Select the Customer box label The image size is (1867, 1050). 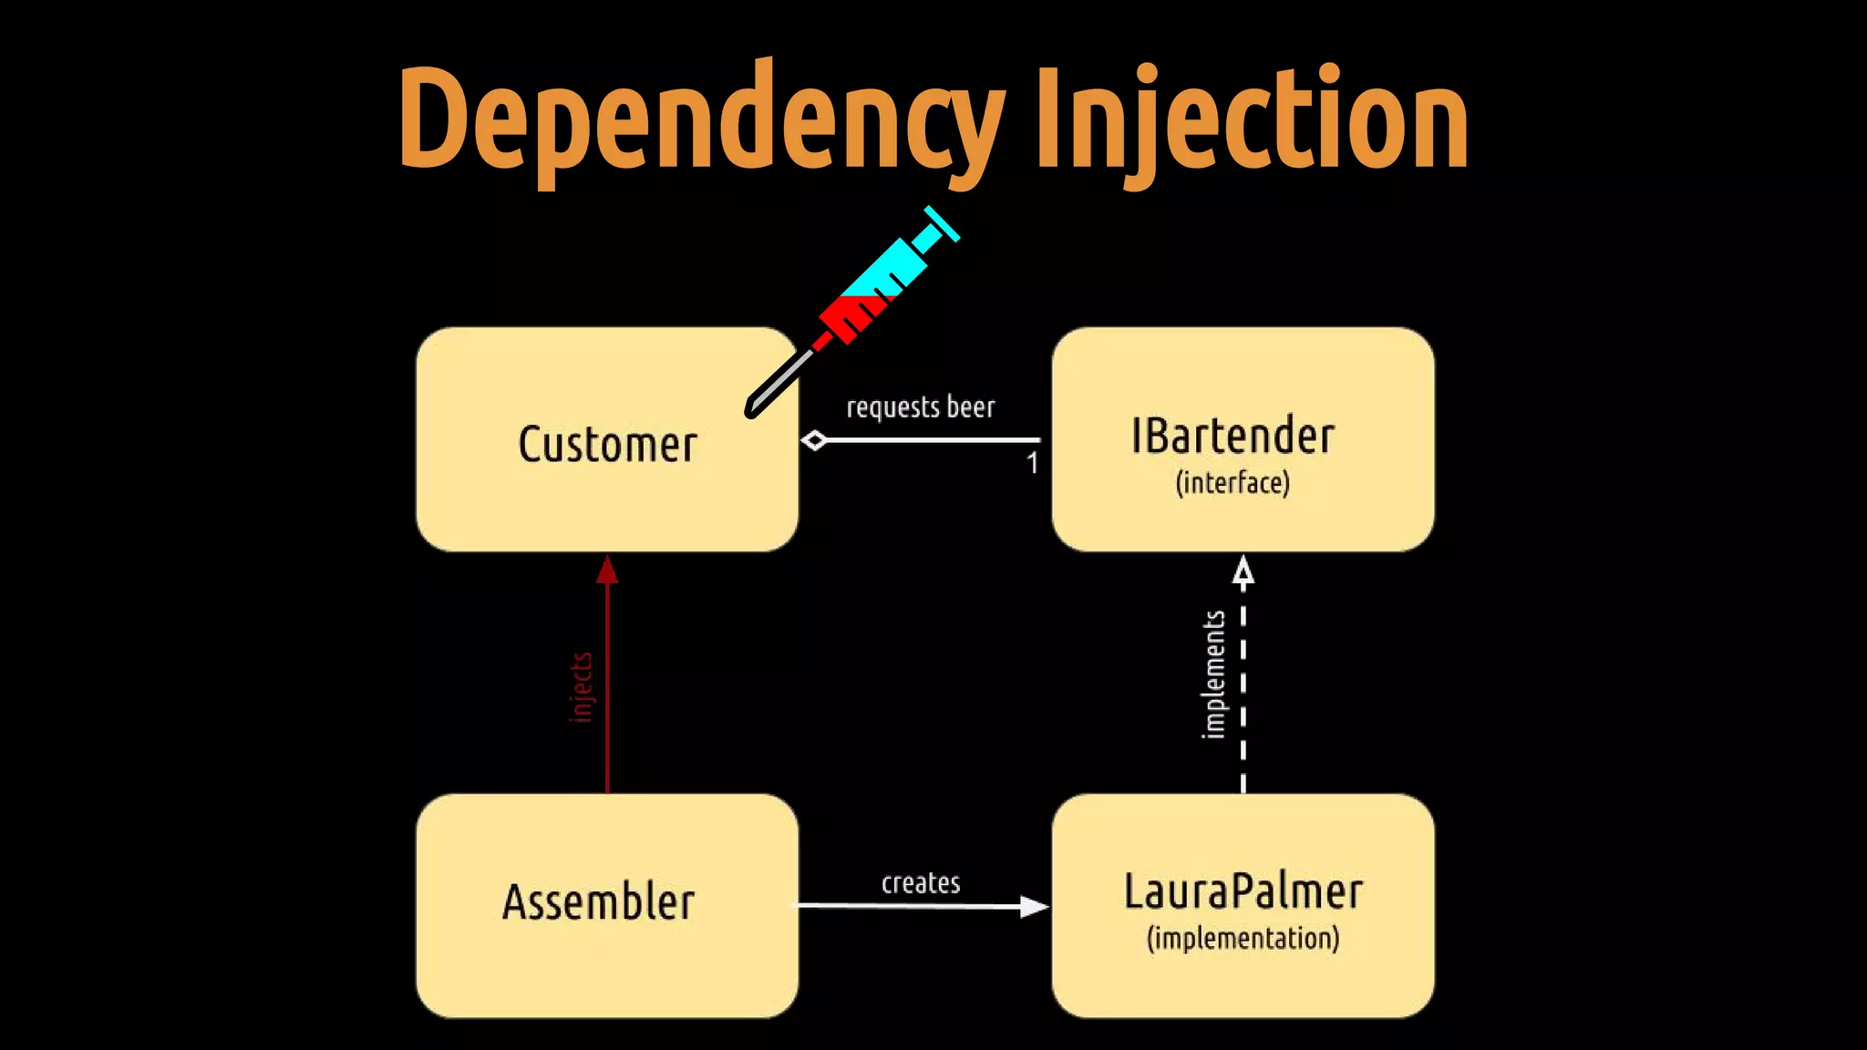607,445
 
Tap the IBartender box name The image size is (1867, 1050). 1233,436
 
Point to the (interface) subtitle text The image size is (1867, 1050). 1233,482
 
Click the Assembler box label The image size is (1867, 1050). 598,902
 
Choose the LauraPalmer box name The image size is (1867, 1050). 1243,891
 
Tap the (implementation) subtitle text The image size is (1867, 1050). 1243,938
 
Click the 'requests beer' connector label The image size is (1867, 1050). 920,407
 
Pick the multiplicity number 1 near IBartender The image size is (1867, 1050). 1032,463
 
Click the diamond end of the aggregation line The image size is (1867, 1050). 814,440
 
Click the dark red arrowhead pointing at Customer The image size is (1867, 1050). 607,571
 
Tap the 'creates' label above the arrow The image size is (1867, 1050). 921,882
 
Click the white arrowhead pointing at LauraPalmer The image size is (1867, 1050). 1034,906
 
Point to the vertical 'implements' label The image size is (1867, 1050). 1213,674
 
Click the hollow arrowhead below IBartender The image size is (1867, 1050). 1243,571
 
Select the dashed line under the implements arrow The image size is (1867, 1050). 1243,693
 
